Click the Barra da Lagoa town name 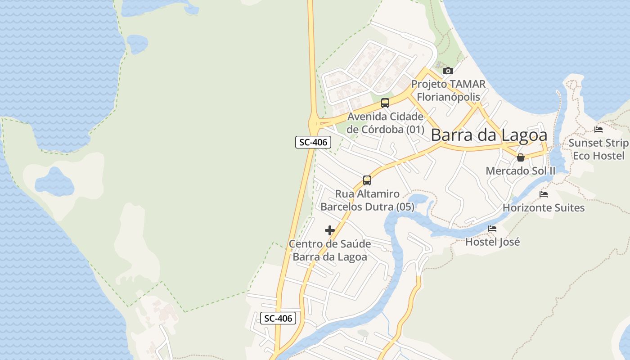[x=489, y=135]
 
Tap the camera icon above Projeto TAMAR [x=448, y=71]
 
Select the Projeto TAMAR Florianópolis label [x=448, y=90]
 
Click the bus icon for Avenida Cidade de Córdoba [x=385, y=103]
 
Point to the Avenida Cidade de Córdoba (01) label [x=386, y=123]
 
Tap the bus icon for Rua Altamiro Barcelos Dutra [x=367, y=180]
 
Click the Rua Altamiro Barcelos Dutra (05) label [x=367, y=200]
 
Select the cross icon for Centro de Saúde [x=330, y=230]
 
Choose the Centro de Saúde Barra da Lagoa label [x=330, y=250]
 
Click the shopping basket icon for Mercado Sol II [x=521, y=157]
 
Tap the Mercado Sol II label [x=521, y=171]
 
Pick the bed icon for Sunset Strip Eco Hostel [x=598, y=130]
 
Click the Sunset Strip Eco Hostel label [x=598, y=149]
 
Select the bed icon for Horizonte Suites [x=544, y=194]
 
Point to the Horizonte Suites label [x=544, y=208]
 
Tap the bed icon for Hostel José [x=492, y=229]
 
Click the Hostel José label [x=492, y=242]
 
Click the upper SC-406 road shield [x=313, y=142]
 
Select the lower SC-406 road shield [x=278, y=318]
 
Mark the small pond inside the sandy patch [x=54, y=182]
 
